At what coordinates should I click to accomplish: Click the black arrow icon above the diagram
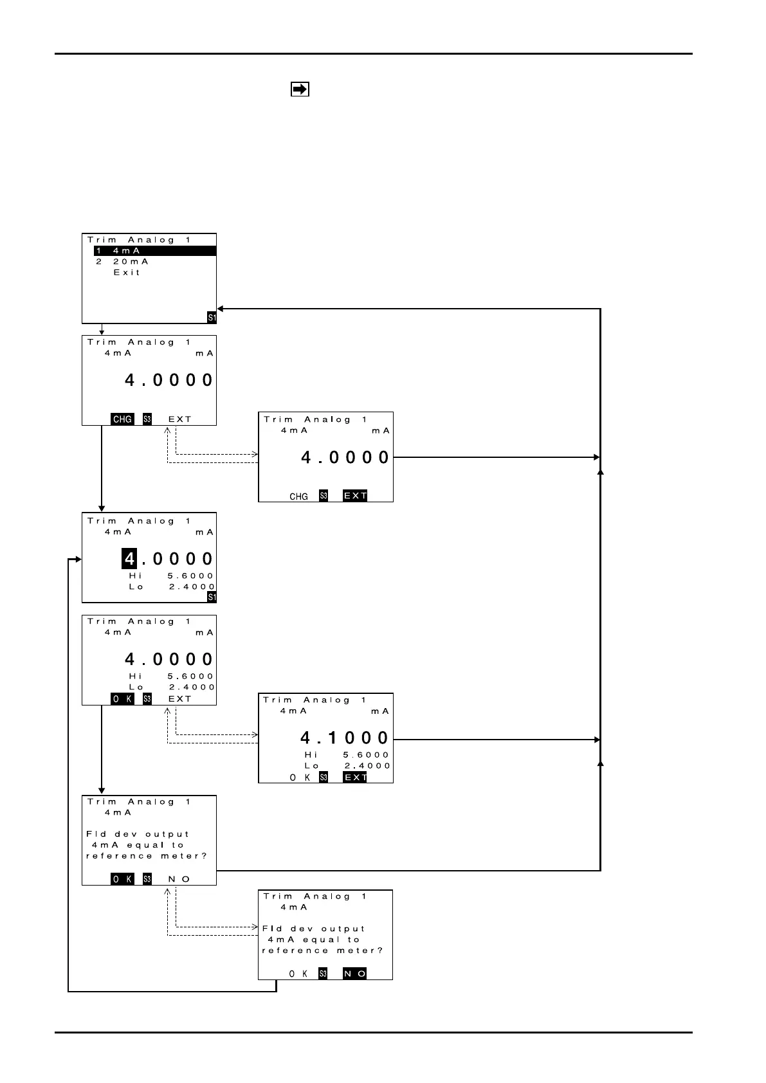[300, 89]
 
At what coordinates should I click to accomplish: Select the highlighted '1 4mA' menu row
[154, 251]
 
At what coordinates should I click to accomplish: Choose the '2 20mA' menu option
[122, 262]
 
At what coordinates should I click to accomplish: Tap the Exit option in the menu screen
[127, 273]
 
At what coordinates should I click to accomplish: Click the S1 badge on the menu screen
[212, 318]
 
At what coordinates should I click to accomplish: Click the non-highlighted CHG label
[298, 496]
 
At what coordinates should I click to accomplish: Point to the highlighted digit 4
[129, 559]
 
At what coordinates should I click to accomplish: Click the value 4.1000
[345, 738]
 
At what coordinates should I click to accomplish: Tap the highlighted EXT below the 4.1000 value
[355, 778]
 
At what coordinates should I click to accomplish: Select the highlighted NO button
[354, 974]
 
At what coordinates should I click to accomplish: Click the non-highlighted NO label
[179, 879]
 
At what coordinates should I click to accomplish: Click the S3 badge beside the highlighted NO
[324, 974]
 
